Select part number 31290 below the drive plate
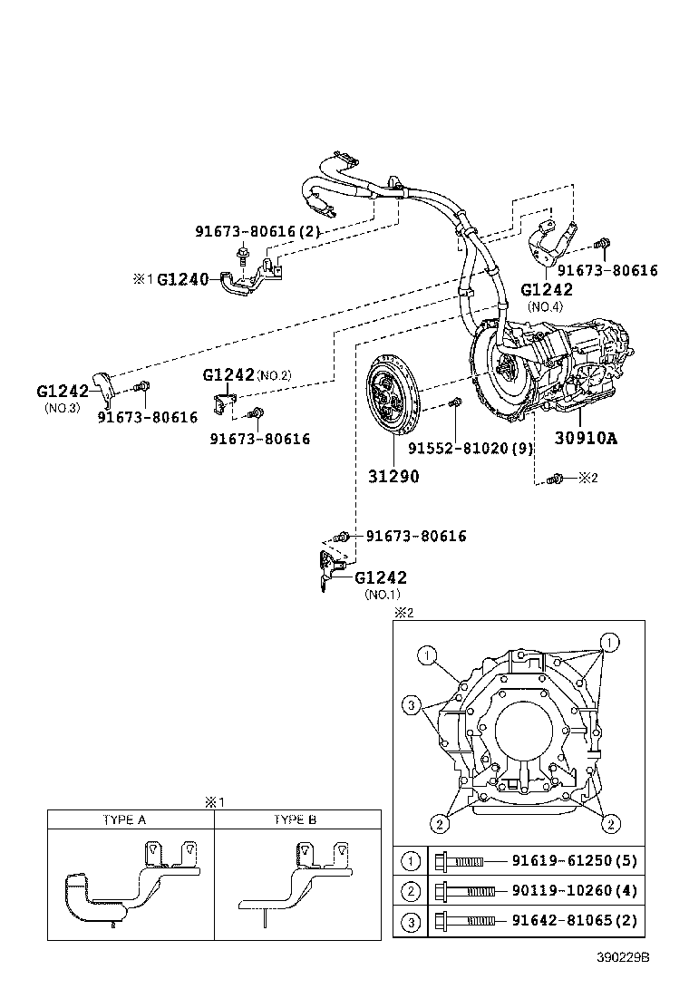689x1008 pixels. pyautogui.click(x=393, y=474)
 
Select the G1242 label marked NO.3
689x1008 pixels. pyautogui.click(x=63, y=392)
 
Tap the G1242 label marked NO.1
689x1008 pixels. pyautogui.click(x=380, y=577)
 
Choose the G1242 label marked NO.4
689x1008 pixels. pyautogui.click(x=547, y=290)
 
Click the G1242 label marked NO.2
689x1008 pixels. pyautogui.click(x=228, y=374)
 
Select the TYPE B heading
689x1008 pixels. pyautogui.click(x=295, y=819)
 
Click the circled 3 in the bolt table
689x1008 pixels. pyautogui.click(x=411, y=921)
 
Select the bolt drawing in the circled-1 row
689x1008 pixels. pyautogui.click(x=459, y=861)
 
